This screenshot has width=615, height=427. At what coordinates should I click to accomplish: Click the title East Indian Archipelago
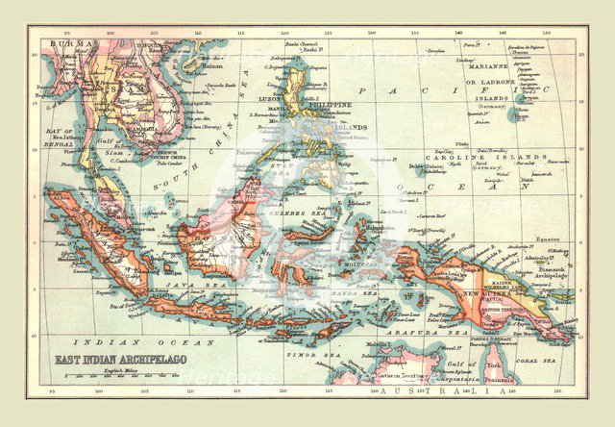pyautogui.click(x=107, y=364)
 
